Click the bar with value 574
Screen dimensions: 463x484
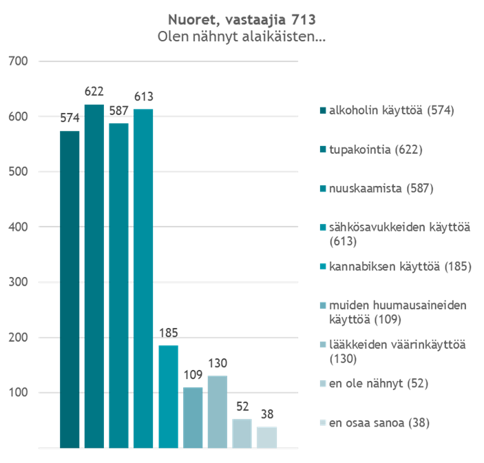point(70,289)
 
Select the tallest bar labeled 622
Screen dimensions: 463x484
point(94,276)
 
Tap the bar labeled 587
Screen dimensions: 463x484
point(118,285)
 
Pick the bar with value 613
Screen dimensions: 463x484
point(143,278)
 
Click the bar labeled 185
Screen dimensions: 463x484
point(168,396)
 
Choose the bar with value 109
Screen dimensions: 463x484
point(193,418)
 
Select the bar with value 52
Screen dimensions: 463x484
point(242,433)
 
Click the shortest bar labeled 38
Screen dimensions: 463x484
point(266,437)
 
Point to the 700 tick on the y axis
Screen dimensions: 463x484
point(18,62)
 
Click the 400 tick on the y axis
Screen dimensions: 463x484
point(18,227)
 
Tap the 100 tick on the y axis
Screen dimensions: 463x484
point(18,392)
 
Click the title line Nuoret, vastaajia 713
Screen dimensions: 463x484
point(242,19)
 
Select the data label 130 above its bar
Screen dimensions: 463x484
point(218,363)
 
